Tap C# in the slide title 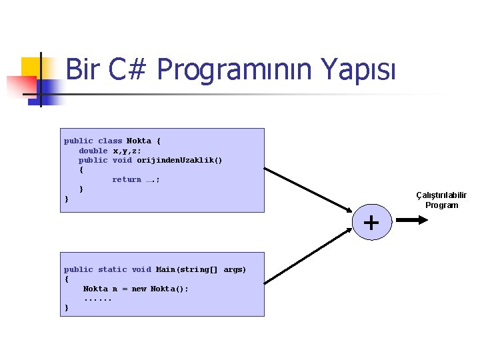(126, 69)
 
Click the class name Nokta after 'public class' (139, 141)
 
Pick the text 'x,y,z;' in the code (127, 151)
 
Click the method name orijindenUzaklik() (179, 160)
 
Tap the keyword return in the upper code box (127, 179)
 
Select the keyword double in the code (93, 151)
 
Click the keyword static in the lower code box (112, 269)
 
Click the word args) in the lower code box (235, 269)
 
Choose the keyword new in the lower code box (139, 289)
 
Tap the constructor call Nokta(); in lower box (169, 289)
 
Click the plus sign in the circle (371, 223)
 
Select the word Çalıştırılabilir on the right (441, 195)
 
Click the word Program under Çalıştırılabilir (441, 205)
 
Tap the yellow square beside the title (32, 67)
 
